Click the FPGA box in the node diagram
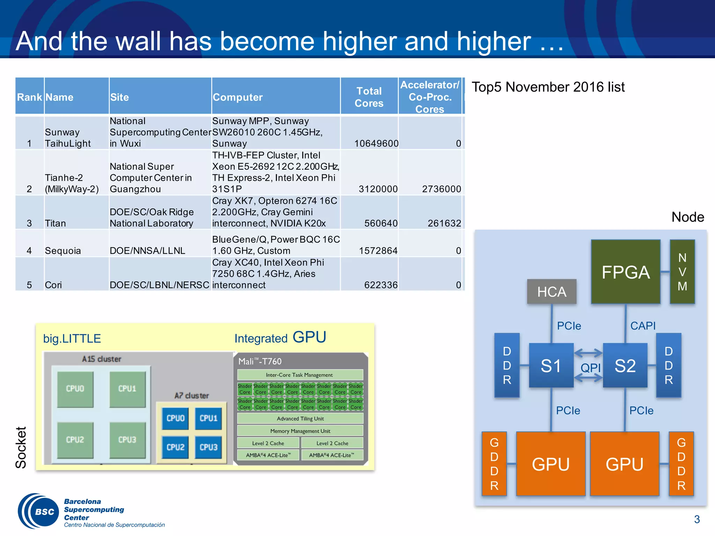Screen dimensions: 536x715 625,272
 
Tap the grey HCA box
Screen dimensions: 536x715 552,292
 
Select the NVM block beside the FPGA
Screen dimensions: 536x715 682,272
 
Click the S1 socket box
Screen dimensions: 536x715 551,365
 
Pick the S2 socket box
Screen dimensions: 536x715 625,365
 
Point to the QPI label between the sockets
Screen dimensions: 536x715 590,367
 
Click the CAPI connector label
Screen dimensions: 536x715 643,326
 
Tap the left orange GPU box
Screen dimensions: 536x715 551,464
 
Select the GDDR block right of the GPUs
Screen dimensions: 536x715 681,464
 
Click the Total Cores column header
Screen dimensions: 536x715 369,97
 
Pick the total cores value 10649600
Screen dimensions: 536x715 376,143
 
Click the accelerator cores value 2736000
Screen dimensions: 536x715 441,189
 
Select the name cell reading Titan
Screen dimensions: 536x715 56,223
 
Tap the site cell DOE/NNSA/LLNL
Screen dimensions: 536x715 147,251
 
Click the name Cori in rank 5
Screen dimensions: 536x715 53,285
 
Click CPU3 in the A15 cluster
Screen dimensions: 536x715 127,440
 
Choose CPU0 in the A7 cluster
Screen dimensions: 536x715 175,418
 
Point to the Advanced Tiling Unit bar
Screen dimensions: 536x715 300,418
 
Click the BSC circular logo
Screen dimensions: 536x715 39,512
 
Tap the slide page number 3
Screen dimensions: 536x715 697,519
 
